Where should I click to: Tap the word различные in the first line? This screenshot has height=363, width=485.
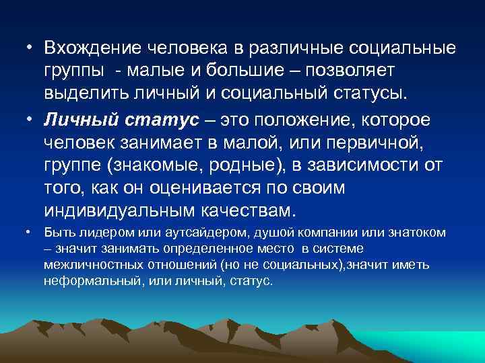pos(297,49)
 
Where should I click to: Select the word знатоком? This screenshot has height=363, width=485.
pos(416,233)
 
